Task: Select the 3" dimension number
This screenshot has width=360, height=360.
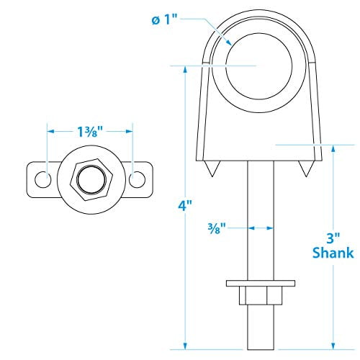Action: [x=332, y=238]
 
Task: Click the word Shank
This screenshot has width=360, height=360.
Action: [x=332, y=253]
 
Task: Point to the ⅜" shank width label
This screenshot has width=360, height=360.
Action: [x=215, y=228]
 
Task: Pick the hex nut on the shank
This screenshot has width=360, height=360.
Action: [x=257, y=297]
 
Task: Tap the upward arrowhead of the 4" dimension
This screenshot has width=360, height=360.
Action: [x=187, y=69]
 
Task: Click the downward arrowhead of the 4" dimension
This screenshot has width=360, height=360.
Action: [x=187, y=344]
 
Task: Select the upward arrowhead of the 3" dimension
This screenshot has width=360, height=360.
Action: [x=333, y=149]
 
